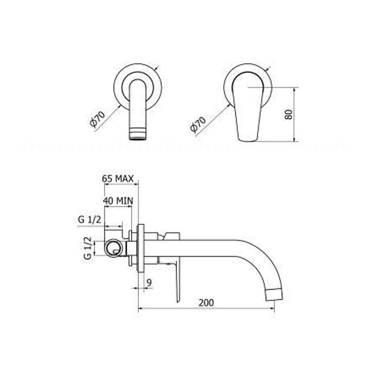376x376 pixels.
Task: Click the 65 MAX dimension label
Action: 118,179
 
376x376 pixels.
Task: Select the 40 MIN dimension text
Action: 118,201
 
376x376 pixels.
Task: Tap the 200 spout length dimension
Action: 206,303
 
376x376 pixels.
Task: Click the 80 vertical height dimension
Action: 288,114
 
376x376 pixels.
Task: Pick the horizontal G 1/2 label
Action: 89,220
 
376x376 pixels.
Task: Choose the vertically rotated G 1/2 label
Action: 88,248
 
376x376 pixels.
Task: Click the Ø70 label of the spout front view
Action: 97,119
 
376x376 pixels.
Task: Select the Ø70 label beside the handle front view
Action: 198,124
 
